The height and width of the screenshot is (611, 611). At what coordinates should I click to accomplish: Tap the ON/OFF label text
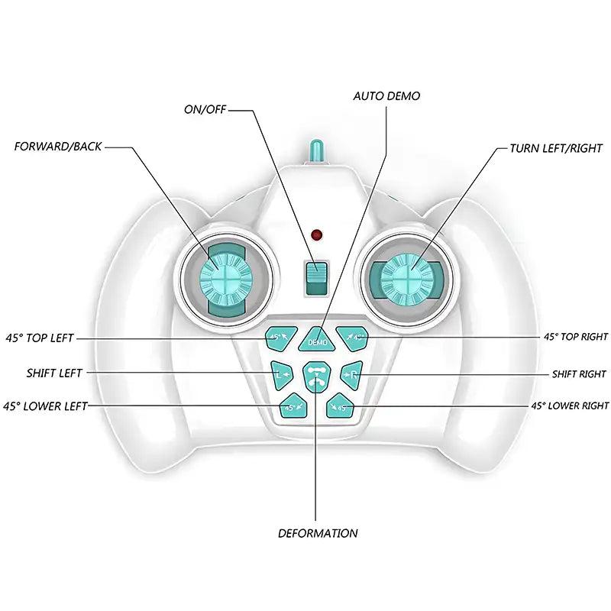[x=206, y=108]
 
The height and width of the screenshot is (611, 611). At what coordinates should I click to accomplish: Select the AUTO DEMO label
[x=386, y=96]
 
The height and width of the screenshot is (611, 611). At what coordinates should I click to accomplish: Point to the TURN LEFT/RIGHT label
[x=556, y=147]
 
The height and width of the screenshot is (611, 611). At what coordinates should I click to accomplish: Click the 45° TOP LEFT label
[x=40, y=338]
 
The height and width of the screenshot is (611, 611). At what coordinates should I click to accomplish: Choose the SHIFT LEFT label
[x=53, y=373]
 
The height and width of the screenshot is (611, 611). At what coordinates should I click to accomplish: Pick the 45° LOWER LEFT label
[x=45, y=406]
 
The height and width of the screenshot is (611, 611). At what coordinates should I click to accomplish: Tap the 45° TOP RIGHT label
[x=575, y=336]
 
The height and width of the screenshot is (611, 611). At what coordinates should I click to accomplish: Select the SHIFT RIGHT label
[x=579, y=374]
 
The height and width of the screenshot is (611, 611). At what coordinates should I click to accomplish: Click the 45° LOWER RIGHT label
[x=570, y=406]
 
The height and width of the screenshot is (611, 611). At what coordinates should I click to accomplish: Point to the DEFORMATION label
[x=317, y=533]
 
